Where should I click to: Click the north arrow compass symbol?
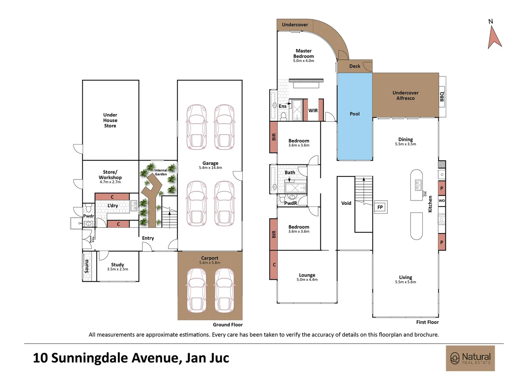point(494,37)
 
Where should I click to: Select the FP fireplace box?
point(380,207)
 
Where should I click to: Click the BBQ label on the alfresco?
point(442,96)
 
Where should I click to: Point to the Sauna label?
point(87,266)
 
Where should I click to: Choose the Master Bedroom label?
point(304,54)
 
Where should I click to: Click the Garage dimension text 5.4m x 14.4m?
point(210,168)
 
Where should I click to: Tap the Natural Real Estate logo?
point(470,358)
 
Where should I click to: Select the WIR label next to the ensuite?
point(313,111)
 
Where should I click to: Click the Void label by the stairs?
point(346,203)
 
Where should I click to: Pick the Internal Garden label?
point(161,172)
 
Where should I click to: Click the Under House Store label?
point(110,120)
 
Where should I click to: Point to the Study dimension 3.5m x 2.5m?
point(117,269)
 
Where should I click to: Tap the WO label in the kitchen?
point(442,201)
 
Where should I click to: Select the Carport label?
point(210,258)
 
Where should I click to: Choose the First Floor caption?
point(427,322)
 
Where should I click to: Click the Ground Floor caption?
point(228,325)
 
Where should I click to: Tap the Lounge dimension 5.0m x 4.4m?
point(307,280)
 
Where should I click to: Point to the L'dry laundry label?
point(113,205)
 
